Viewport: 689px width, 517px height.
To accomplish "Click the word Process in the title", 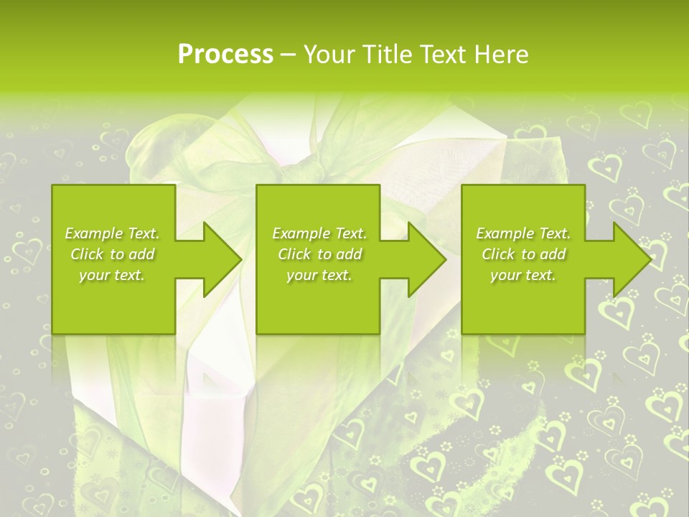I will click(225, 55).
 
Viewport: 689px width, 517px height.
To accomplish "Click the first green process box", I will click(113, 302).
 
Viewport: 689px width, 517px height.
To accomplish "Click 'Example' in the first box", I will click(94, 233).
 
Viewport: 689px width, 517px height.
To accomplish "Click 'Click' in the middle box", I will click(293, 254).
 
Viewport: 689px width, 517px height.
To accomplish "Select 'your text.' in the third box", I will click(522, 275).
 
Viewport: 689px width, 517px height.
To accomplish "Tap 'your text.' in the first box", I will click(112, 275).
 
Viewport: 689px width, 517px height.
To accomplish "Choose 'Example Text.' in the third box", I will click(523, 233).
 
